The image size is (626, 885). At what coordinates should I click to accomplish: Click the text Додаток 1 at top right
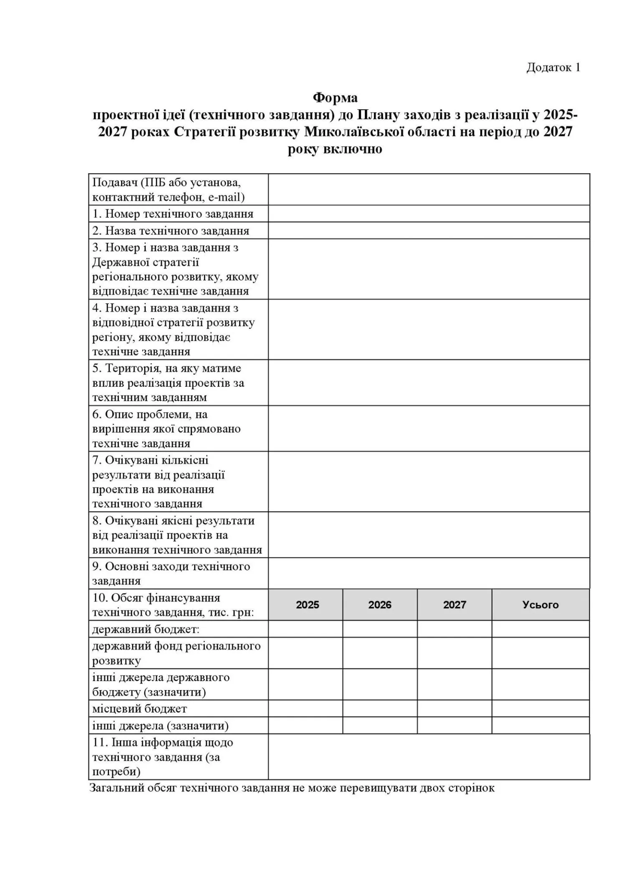(553, 68)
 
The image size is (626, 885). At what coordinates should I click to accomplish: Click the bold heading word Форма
(335, 98)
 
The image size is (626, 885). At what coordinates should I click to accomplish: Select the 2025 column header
(308, 605)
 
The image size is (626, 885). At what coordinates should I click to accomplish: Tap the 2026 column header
(380, 605)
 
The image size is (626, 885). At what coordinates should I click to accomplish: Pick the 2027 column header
(454, 605)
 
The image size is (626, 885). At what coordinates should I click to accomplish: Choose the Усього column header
(540, 605)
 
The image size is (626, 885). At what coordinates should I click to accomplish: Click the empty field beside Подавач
(429, 189)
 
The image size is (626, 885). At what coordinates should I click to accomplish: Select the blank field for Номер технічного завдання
(429, 214)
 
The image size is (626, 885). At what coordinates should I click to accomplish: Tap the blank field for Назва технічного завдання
(429, 230)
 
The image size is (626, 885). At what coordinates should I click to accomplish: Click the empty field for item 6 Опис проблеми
(429, 429)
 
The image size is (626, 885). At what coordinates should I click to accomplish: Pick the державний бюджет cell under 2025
(305, 629)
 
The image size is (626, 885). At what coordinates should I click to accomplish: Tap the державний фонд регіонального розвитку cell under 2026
(380, 653)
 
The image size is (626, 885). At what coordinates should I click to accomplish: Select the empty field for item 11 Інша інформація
(429, 756)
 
